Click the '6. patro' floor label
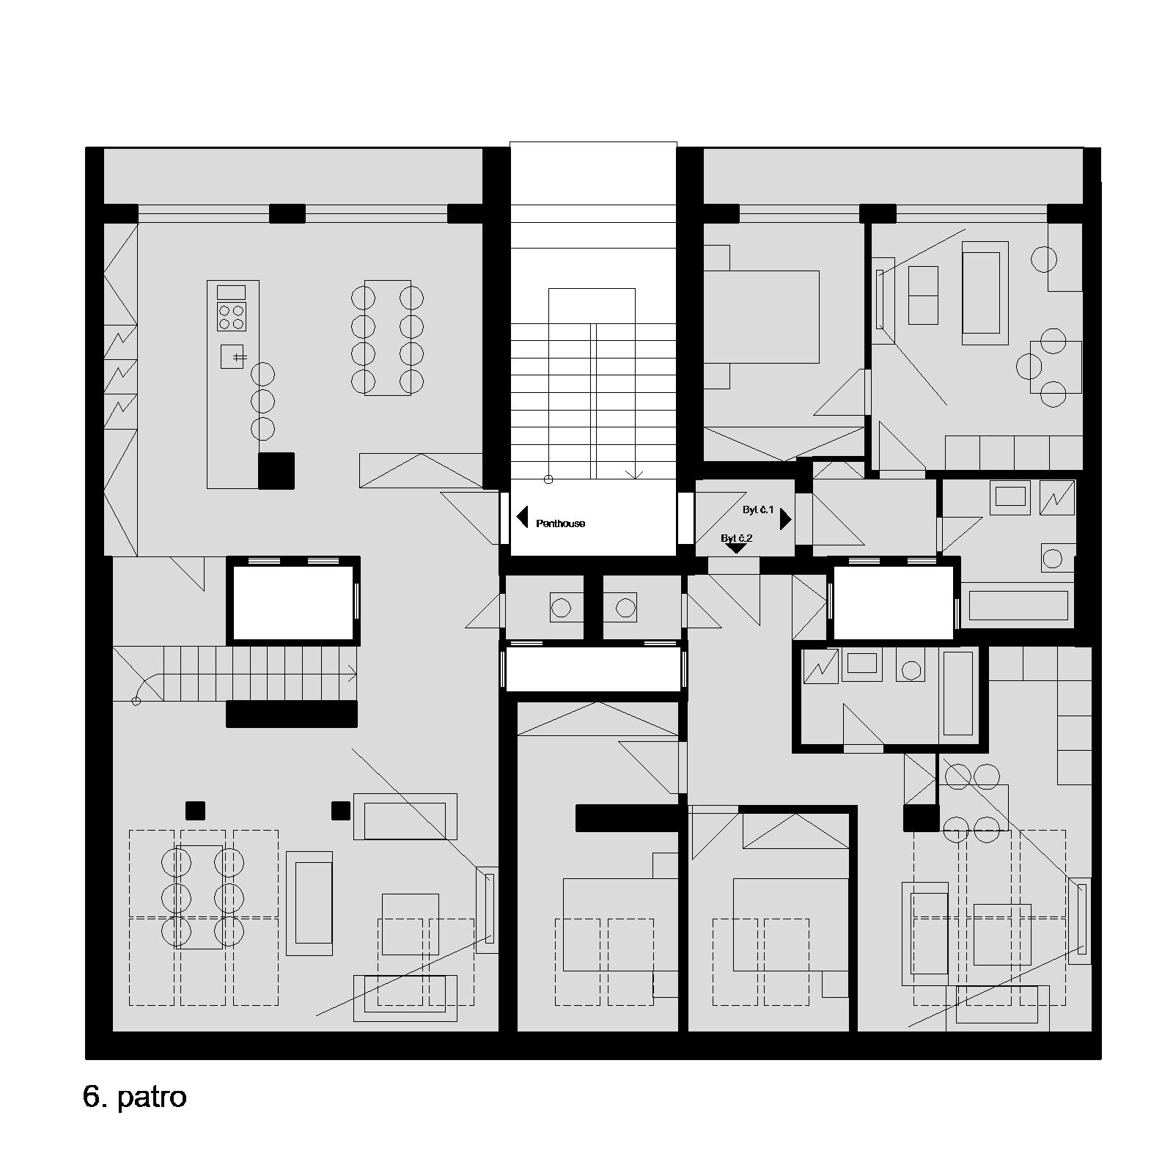point(135,1097)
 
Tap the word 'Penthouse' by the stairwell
point(561,523)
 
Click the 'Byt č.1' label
point(758,510)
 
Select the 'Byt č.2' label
point(737,538)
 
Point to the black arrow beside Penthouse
point(522,517)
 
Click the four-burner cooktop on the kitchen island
point(232,317)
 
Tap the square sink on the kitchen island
point(232,356)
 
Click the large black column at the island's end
point(276,471)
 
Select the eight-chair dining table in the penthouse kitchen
point(387,337)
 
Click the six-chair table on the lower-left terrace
point(199,897)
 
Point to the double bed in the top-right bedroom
point(761,317)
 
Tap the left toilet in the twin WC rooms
point(562,608)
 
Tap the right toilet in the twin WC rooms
point(625,608)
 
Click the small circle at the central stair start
point(548,480)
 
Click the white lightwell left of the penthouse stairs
point(293,599)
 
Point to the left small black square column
point(195,811)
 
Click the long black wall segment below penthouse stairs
point(292,714)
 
